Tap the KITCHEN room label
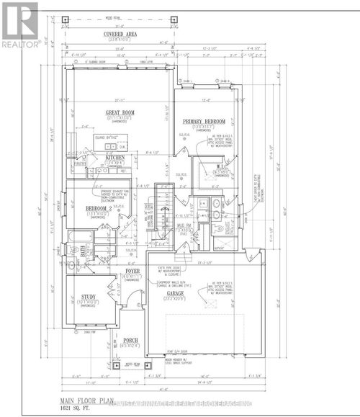115,157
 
